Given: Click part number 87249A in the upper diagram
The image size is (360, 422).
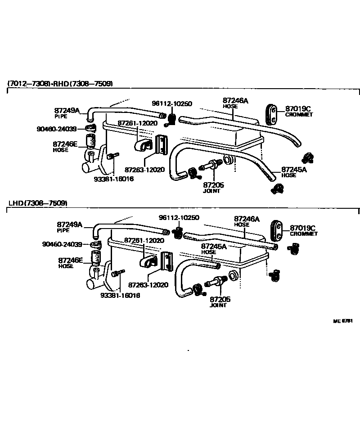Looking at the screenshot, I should (x=67, y=110).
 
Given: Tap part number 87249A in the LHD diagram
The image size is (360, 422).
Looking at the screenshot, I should (x=70, y=224).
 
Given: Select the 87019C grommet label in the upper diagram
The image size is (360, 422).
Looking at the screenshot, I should (x=298, y=108).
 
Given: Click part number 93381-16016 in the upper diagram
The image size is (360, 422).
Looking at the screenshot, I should (x=113, y=179).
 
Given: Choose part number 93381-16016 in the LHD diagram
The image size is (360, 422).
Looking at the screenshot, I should (x=120, y=295).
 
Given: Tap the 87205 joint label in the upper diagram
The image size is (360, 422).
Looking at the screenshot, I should (x=213, y=185).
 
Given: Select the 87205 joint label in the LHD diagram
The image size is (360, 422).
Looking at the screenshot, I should (x=220, y=299).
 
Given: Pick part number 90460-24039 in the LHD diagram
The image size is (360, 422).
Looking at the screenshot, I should (x=62, y=244).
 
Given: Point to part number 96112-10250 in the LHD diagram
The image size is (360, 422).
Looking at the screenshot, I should (x=179, y=217).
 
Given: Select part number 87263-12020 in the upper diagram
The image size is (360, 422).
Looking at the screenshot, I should (x=145, y=170).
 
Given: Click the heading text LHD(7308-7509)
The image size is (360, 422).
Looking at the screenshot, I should (x=38, y=203).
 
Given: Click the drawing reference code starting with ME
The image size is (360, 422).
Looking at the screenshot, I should (x=342, y=321).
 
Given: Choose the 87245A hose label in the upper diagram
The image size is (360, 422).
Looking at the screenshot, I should (x=294, y=170).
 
